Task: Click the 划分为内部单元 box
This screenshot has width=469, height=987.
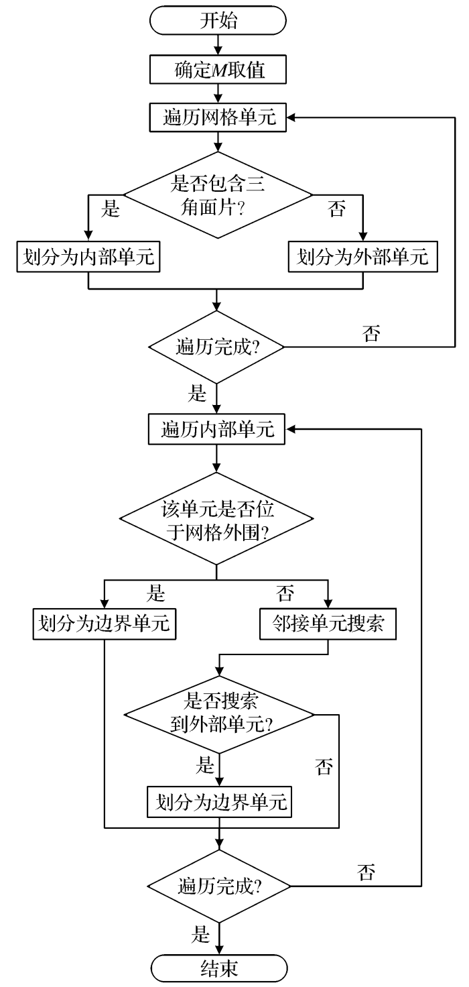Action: click(88, 258)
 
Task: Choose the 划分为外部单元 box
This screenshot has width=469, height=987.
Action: click(362, 258)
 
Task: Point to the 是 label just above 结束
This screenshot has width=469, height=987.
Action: click(200, 934)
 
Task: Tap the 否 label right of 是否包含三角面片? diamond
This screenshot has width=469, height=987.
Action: click(336, 210)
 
